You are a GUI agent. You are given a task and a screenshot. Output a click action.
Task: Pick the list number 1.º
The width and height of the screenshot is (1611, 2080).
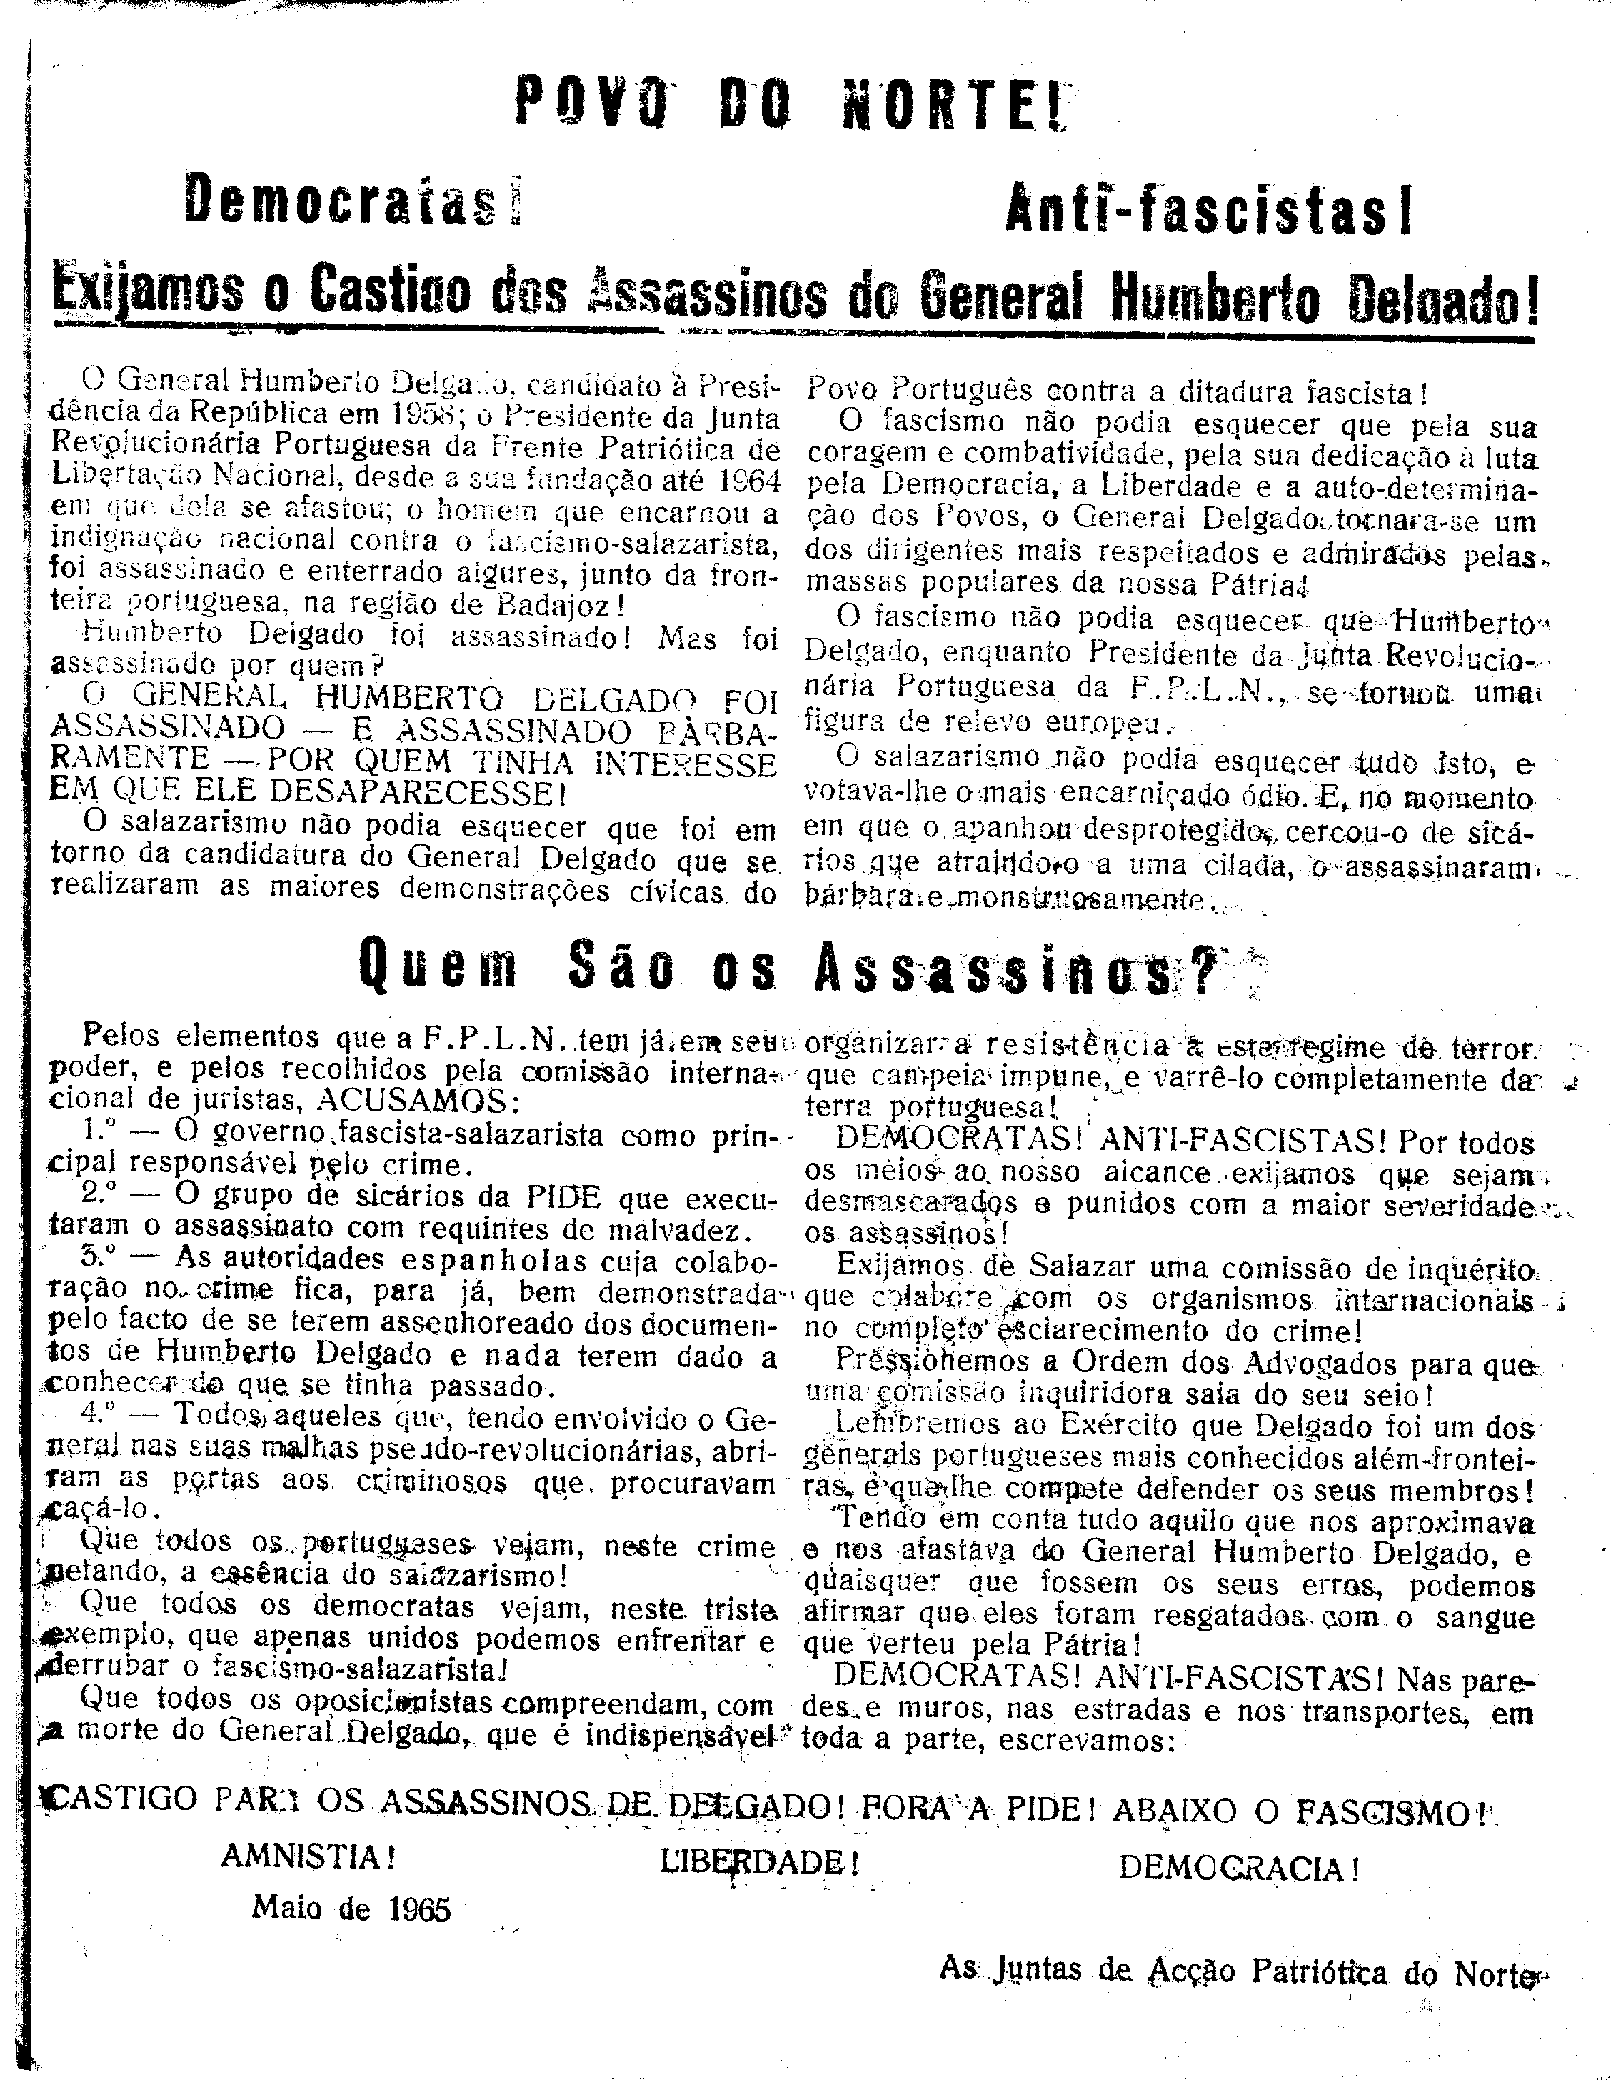point(100,1131)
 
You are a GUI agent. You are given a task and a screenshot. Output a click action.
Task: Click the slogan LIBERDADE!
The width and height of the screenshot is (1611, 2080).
point(759,1862)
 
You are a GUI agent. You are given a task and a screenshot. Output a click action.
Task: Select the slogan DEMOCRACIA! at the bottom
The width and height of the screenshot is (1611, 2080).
point(1238,1868)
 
